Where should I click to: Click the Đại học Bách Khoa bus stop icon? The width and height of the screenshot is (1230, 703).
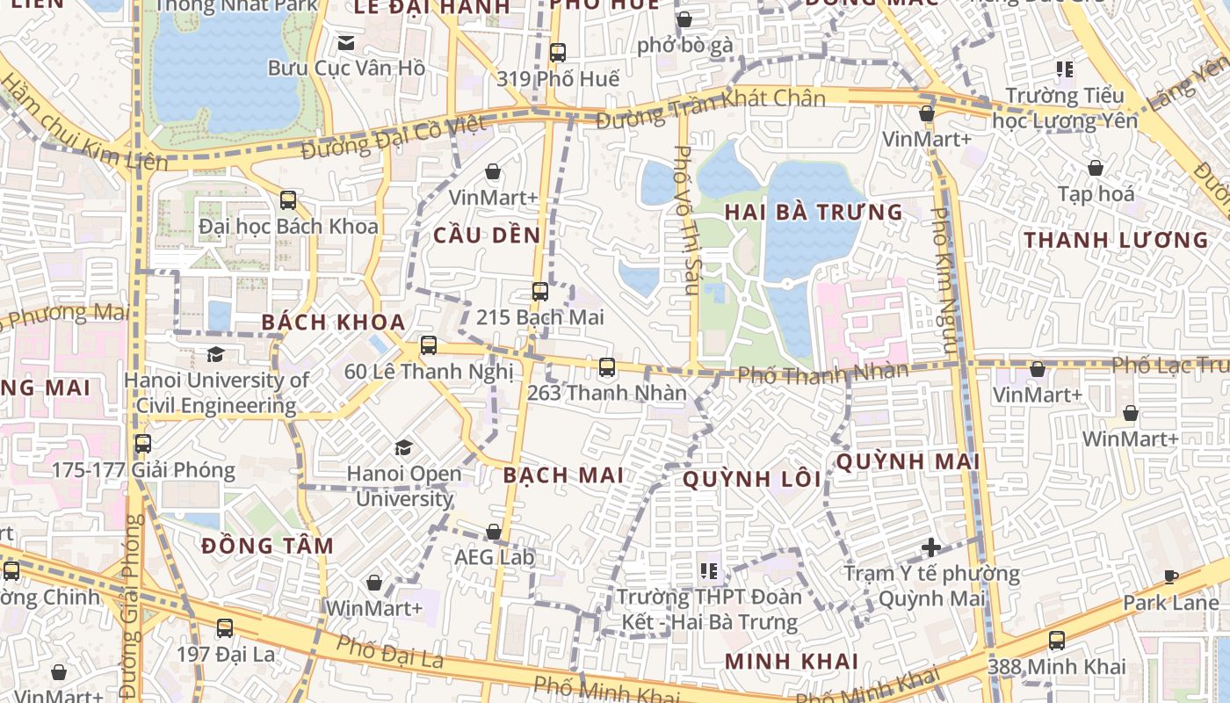pos(288,200)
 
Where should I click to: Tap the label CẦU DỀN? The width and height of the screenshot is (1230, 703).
pos(487,236)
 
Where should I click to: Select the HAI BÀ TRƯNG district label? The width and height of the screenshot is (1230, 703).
pos(814,212)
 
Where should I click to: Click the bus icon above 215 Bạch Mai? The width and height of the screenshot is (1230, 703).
pos(539,292)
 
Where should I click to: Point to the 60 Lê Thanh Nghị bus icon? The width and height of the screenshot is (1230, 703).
pos(428,345)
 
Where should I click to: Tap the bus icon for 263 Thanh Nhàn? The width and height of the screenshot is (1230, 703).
pos(606,367)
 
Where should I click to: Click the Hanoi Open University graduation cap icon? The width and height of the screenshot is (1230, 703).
pos(403,448)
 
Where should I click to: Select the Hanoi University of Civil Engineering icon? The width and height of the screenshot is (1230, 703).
pos(214,354)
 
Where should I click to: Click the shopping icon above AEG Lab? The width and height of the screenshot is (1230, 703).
pos(494,532)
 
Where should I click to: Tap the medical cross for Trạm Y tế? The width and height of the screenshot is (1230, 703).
pos(931,547)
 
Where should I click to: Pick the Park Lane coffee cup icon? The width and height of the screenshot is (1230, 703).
pos(1170,576)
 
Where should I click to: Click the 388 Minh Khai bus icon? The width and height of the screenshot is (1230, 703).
pos(1056,641)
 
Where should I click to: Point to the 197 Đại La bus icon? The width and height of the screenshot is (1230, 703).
pos(225,628)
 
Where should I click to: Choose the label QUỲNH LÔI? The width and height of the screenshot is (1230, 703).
pos(752,480)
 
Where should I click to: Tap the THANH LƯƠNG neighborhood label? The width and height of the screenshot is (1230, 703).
pos(1116,240)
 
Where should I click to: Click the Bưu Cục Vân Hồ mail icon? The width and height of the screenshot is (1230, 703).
pos(346,42)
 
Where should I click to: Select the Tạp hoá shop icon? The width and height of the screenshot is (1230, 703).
pos(1096,168)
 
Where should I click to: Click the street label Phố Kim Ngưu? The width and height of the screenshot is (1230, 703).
pos(944,281)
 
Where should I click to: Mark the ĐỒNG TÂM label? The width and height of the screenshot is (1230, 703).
pos(267,546)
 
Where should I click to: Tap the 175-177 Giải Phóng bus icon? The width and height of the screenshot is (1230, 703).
pos(142,444)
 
